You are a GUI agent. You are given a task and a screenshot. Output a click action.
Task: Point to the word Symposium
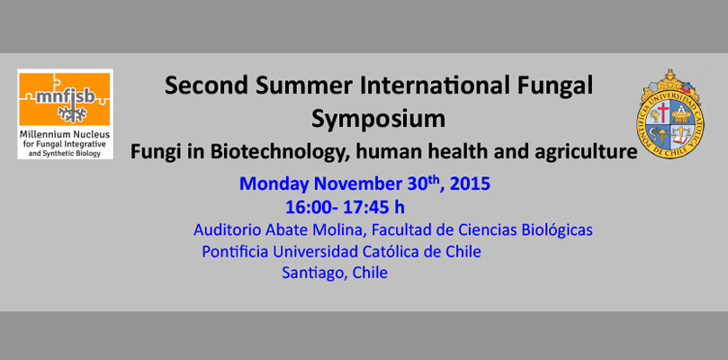pos(378,120)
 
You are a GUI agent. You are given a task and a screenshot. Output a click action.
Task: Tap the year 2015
pos(470,184)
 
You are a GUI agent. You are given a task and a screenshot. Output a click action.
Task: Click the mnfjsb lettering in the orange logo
pos(66,97)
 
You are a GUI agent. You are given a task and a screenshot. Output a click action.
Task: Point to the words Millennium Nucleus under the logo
pos(65,135)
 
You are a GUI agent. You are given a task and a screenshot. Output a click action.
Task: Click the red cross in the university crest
pos(662,112)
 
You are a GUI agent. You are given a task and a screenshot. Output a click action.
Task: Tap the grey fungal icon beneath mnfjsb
pos(72,113)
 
